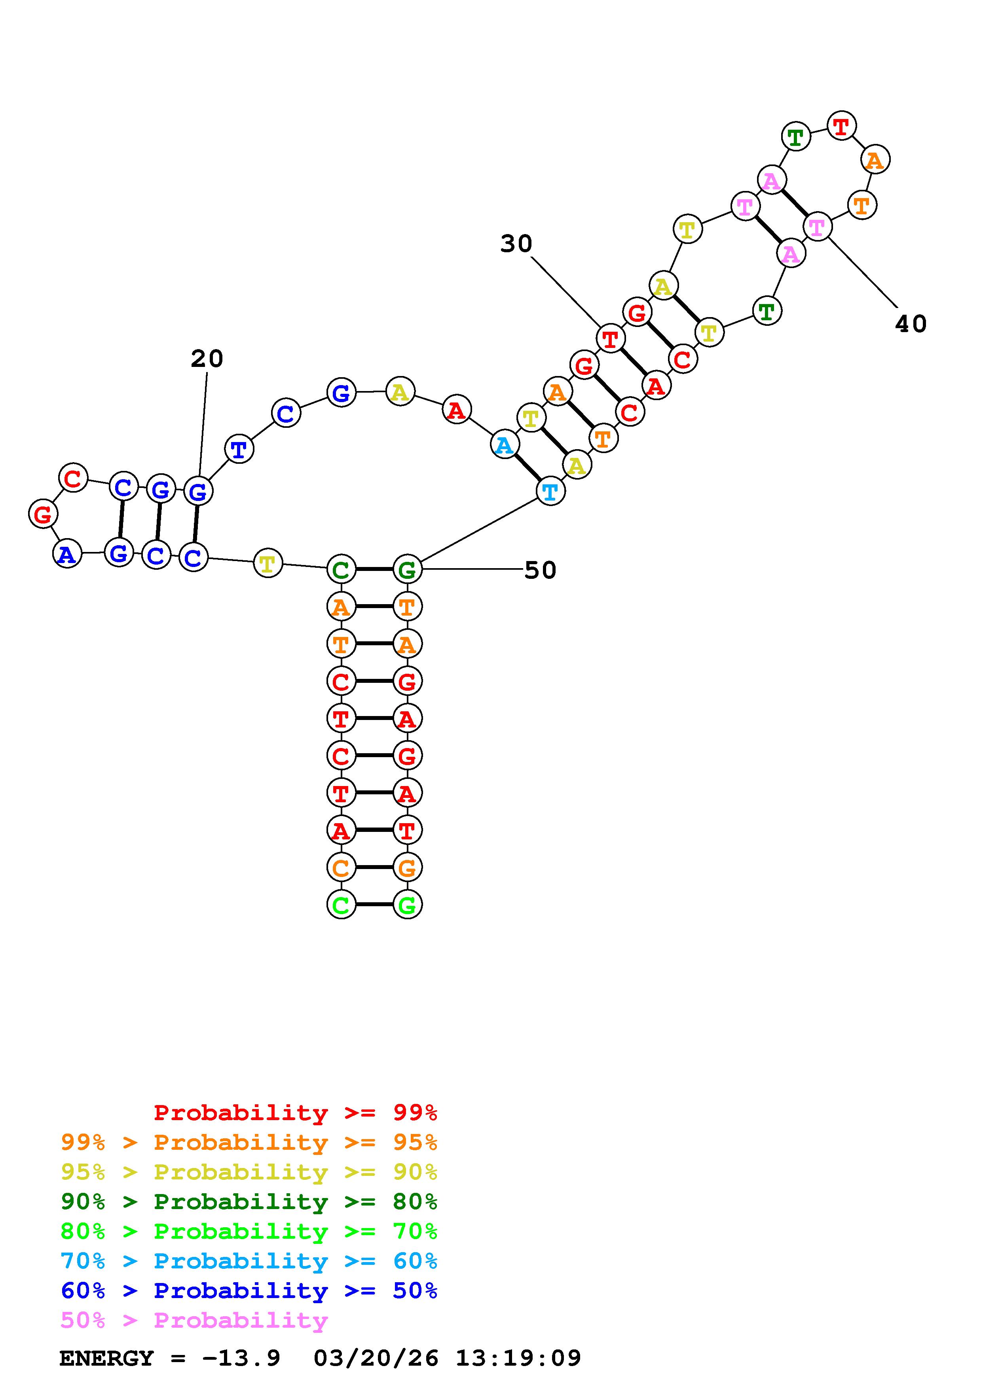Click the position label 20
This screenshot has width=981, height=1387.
coord(207,359)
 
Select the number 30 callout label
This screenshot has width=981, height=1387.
coord(516,244)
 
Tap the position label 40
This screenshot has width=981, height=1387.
coord(910,324)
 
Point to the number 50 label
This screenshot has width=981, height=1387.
coord(540,570)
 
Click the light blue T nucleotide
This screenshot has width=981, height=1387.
coord(550,492)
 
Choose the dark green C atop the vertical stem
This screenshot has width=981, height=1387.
coord(341,569)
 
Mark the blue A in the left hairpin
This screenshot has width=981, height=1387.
coord(67,554)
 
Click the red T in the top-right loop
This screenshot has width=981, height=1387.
coord(841,126)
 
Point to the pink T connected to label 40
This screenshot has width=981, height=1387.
coord(817,227)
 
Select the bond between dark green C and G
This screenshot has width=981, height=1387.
coord(374,569)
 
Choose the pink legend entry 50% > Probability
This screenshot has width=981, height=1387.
coord(194,1321)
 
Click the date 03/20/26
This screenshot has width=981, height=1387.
coord(376,1358)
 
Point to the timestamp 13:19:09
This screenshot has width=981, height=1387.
coord(518,1358)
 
